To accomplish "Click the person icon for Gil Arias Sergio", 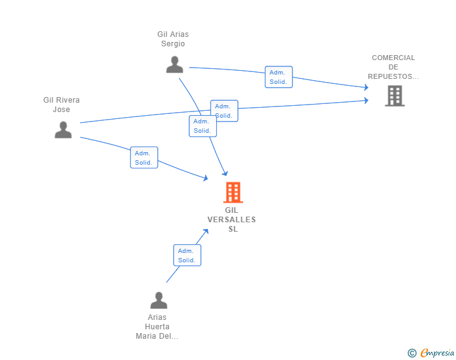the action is point(175,64).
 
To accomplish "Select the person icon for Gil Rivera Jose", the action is point(63,130).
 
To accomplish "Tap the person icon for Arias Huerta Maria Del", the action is point(159,300).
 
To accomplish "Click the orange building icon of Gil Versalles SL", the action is point(233,192).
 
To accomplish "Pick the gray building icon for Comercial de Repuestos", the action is point(395,96).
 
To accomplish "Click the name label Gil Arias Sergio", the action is point(173,39).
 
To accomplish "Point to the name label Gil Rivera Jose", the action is point(61,105).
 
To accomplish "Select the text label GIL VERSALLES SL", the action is point(232,220).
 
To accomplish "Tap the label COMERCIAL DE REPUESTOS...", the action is point(393,67).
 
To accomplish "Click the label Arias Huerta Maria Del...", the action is point(157,327).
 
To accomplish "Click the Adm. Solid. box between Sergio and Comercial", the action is point(279,77).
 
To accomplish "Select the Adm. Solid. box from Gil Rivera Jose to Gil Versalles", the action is point(144,158).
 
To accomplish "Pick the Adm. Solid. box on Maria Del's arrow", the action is point(187,255).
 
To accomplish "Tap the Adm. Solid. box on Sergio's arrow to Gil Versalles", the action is point(203,126).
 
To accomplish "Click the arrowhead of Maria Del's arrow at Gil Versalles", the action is point(206,232).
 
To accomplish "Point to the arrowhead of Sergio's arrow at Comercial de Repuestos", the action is point(366,87).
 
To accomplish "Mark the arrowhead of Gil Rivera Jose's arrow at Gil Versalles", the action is point(205,178).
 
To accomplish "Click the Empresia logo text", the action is point(437,353).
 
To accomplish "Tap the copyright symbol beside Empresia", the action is point(412,353).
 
